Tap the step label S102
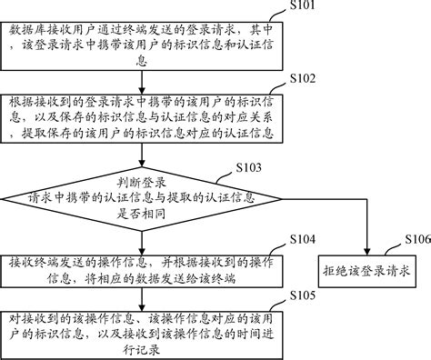(x=299, y=79)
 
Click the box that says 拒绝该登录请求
(x=366, y=270)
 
